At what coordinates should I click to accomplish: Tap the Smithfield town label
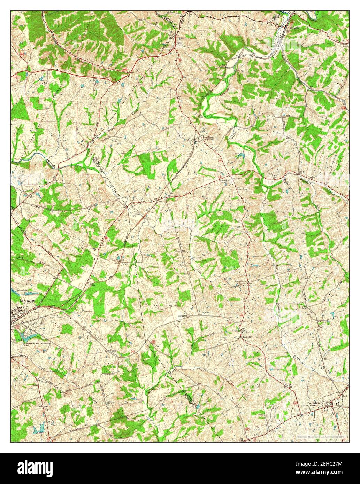point(314,404)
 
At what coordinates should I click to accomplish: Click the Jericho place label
point(245,337)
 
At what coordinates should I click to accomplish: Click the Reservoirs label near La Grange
point(20,290)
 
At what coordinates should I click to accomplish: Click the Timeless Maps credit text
point(320,436)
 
